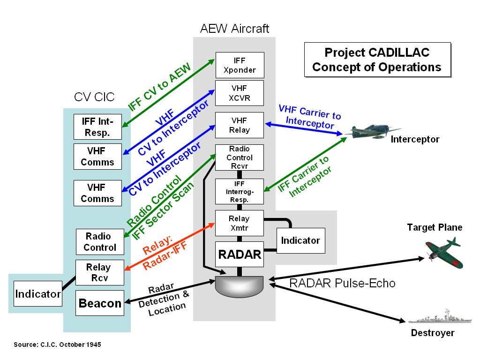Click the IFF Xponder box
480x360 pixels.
(240, 65)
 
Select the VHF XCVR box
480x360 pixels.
(240, 93)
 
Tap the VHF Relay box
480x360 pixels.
(240, 125)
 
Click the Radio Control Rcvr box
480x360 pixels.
(240, 157)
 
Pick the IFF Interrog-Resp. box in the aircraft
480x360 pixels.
(240, 191)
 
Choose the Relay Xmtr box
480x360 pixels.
(239, 223)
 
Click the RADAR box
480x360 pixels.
(239, 254)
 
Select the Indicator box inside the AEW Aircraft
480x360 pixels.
(300, 240)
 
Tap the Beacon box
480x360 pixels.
(100, 303)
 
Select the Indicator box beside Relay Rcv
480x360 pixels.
(38, 294)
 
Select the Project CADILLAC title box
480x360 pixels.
(377, 60)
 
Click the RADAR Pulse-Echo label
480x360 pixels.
(342, 283)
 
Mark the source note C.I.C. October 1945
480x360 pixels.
(57, 345)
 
